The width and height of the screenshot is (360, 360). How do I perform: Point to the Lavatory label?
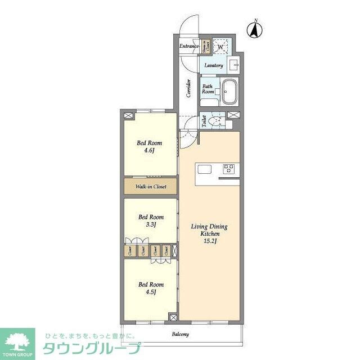pos(214,66)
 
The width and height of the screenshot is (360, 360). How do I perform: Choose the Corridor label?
pos(188,88)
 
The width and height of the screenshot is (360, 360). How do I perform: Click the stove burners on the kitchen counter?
pos(229,168)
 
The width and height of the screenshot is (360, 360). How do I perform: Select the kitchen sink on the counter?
pos(204,169)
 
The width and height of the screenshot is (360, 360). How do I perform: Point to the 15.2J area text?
pos(209,241)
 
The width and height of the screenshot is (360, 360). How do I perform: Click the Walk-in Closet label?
pos(150,187)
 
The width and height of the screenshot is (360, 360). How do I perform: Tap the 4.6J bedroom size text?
pos(149,151)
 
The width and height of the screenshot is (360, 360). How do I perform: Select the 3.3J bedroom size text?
pos(150,224)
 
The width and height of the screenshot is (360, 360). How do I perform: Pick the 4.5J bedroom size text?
pos(150,292)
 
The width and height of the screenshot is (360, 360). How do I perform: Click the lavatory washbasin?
pos(235,65)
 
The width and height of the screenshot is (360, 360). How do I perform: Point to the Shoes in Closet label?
pos(205,46)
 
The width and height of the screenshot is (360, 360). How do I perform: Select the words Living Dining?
pos(209,227)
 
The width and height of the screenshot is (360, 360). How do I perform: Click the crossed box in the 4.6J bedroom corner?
pos(128,115)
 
